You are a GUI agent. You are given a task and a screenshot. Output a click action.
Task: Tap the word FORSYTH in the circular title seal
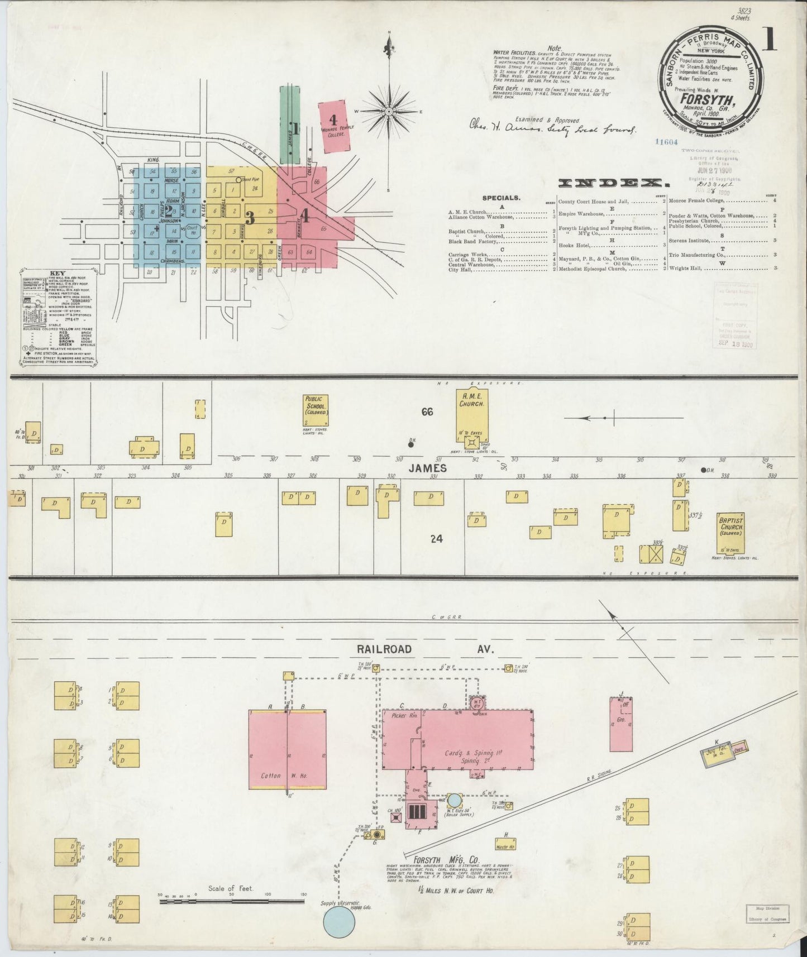pyautogui.click(x=706, y=102)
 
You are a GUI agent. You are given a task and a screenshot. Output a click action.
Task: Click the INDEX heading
pyautogui.click(x=614, y=183)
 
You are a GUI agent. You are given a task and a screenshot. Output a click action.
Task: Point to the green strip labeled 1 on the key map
pyautogui.click(x=290, y=124)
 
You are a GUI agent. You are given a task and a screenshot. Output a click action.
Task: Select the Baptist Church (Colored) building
pyautogui.click(x=732, y=529)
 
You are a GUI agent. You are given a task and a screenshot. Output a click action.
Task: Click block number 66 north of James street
pyautogui.click(x=427, y=412)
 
